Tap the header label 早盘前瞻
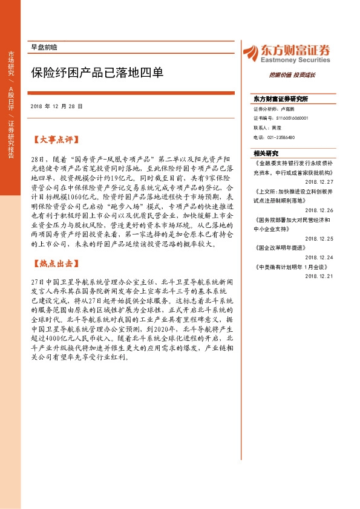(x=44, y=47)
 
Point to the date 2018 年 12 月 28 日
(x=56, y=106)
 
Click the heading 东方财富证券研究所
(x=281, y=99)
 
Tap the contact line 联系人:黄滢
(x=267, y=128)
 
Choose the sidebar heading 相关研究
(x=267, y=154)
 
